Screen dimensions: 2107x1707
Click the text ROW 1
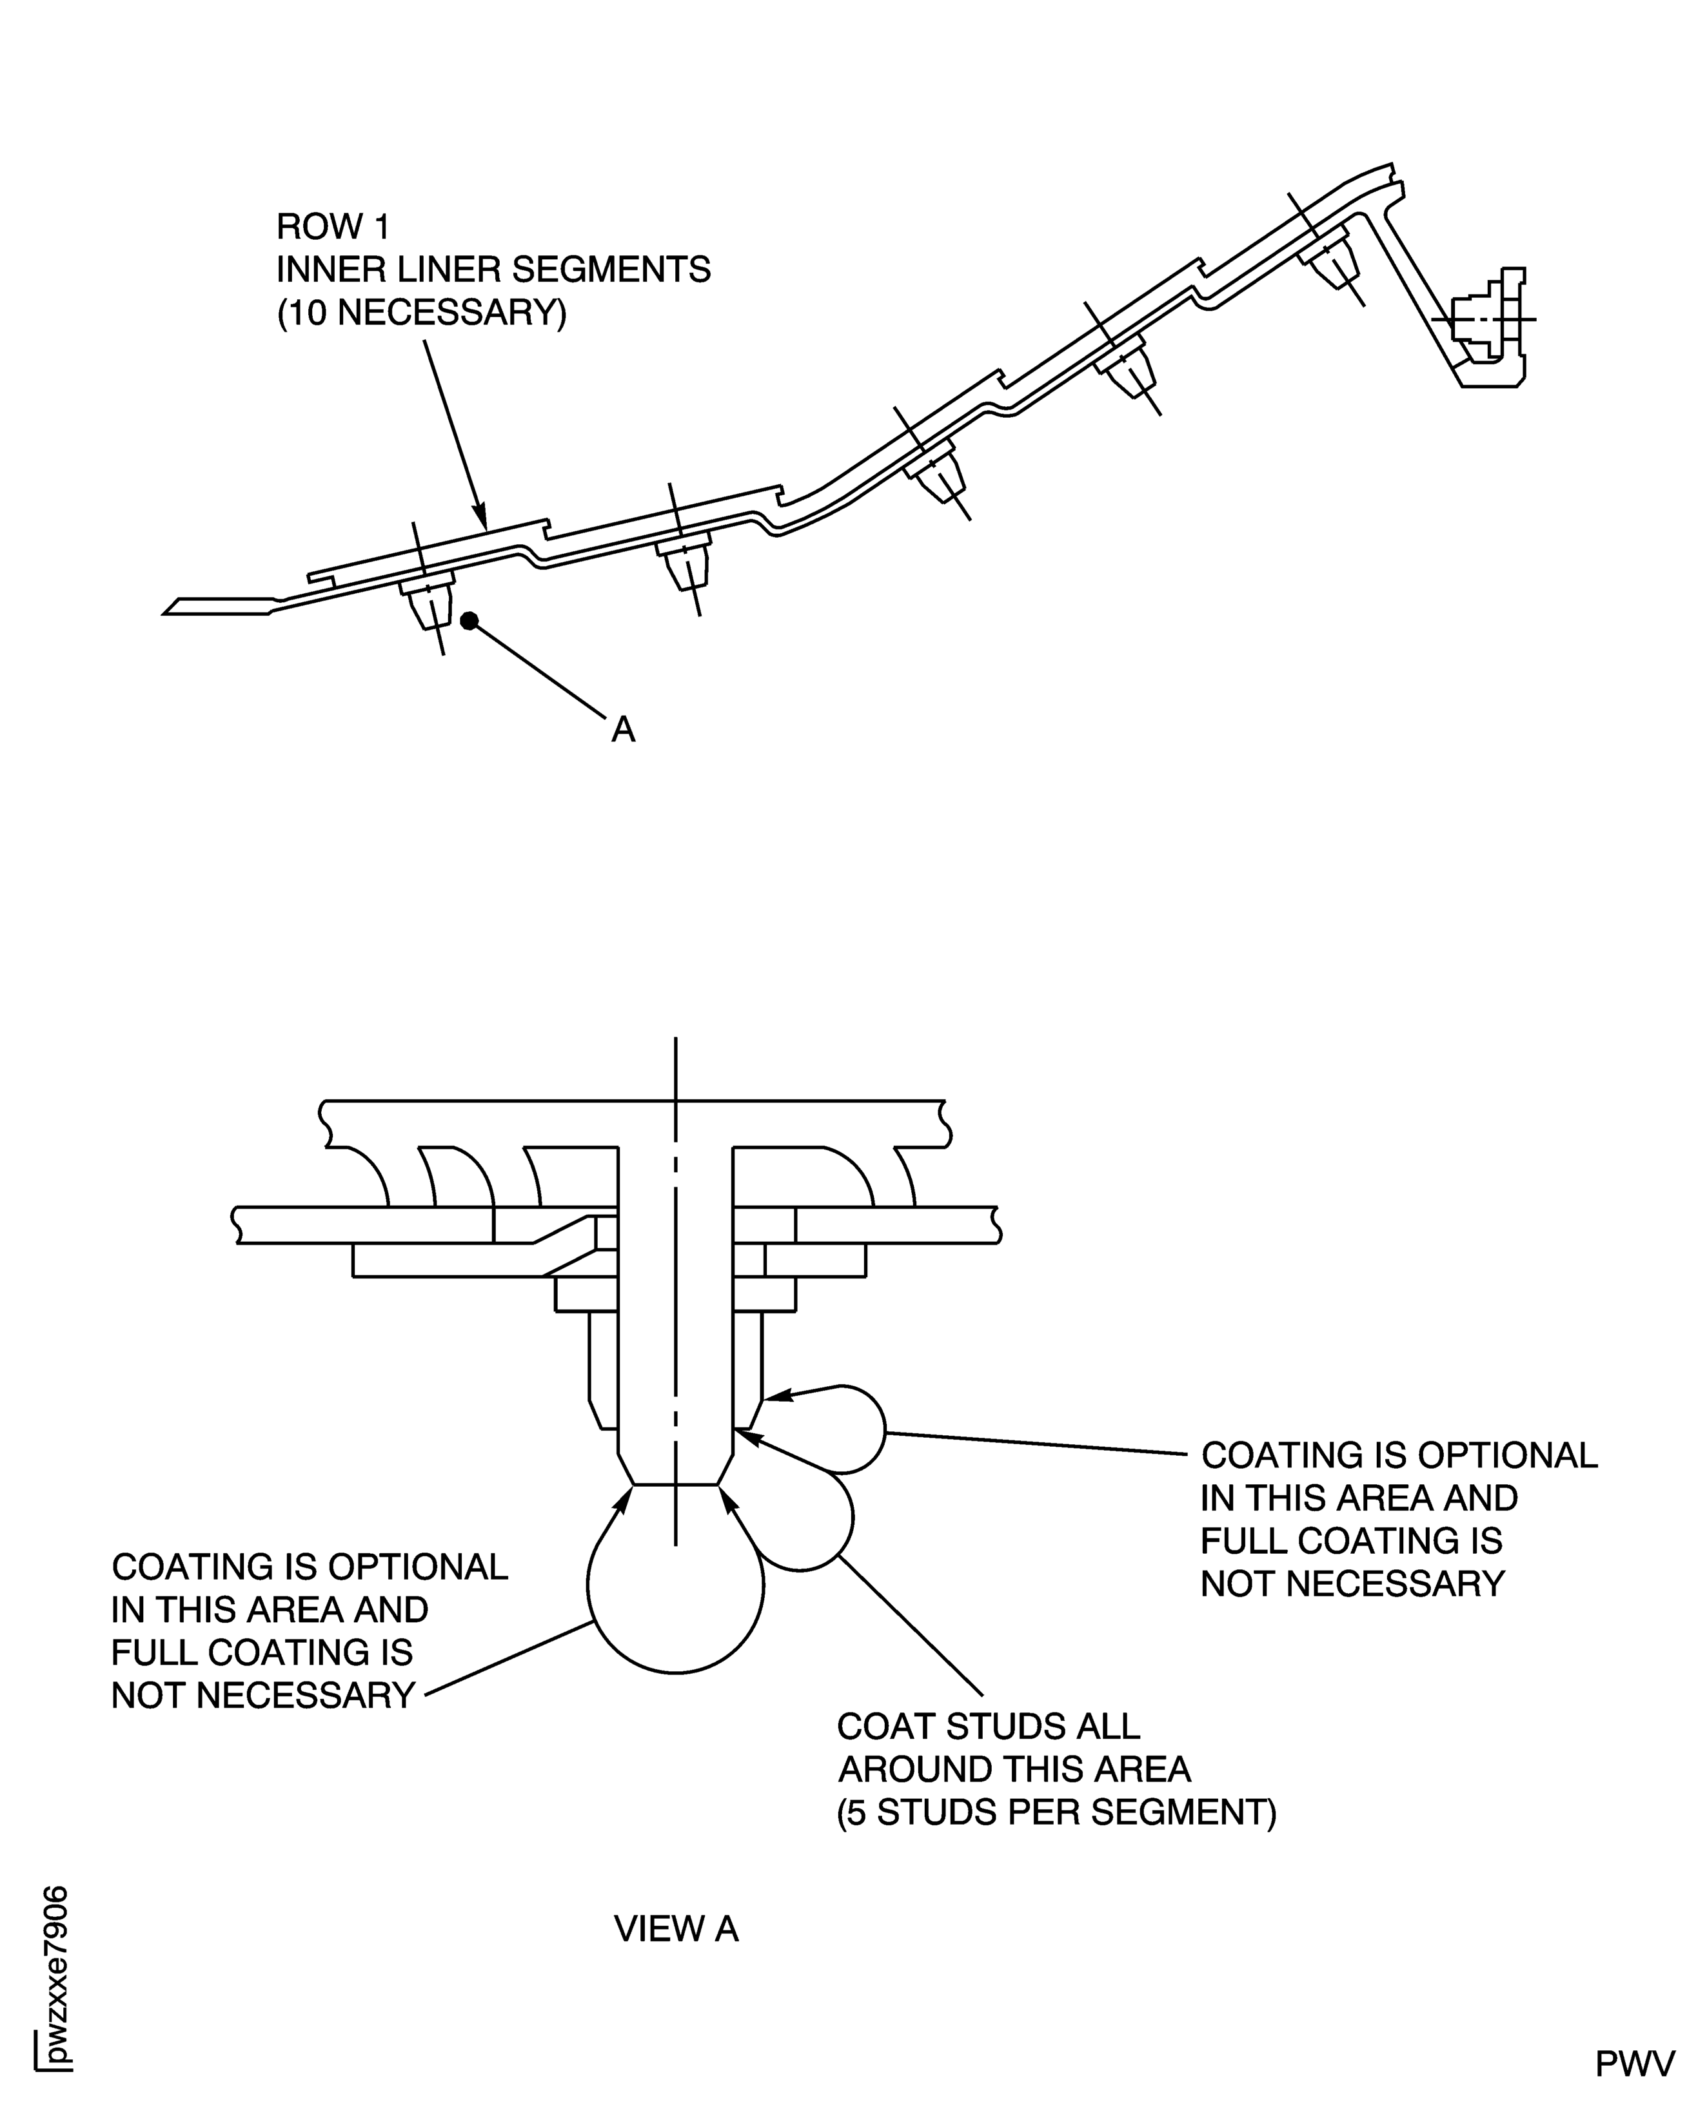[332, 227]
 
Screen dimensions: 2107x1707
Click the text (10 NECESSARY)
[422, 313]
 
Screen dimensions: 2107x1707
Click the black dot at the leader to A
[469, 620]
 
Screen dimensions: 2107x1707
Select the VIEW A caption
[676, 1929]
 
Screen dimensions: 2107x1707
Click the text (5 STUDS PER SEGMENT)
[1056, 1812]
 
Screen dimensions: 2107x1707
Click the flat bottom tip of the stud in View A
[676, 1485]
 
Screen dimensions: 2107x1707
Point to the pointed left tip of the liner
[167, 612]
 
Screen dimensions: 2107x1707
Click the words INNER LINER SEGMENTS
[493, 269]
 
